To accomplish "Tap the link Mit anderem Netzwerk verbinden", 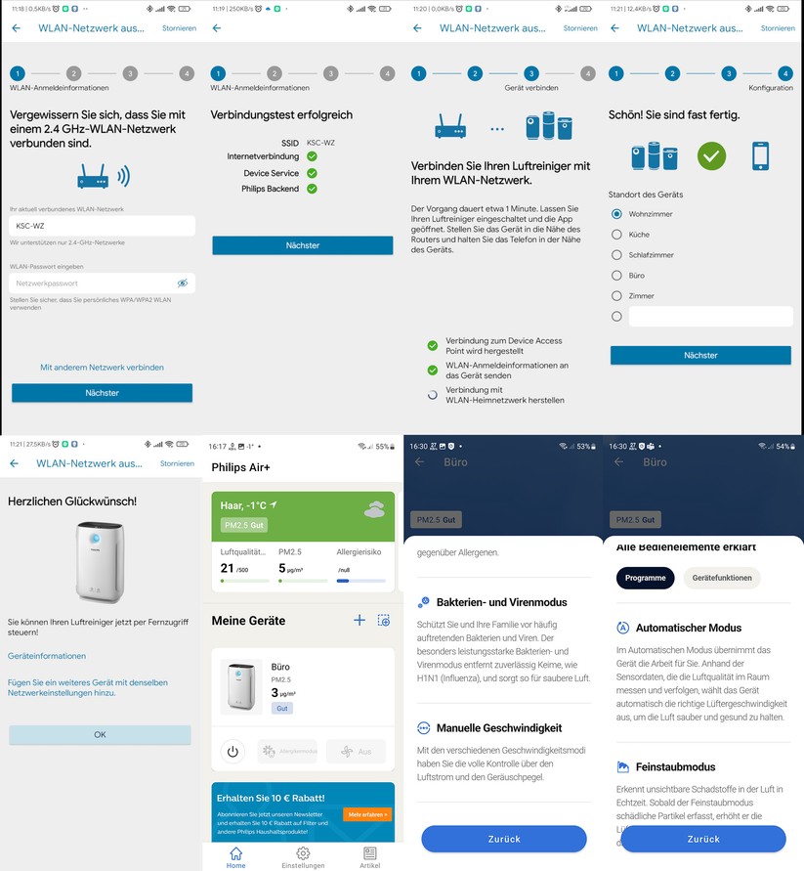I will [102, 368].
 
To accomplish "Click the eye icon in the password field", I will [182, 283].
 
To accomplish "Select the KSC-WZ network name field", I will [102, 226].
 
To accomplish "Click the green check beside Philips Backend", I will [312, 189].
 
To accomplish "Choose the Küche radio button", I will [616, 235].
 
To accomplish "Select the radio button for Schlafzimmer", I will [616, 255].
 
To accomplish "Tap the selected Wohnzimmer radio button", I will [616, 214].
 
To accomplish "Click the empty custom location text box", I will [710, 317].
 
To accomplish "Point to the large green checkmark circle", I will [711, 155].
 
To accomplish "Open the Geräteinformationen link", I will [47, 656].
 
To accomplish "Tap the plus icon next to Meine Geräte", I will [359, 621].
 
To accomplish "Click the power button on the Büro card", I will [233, 752].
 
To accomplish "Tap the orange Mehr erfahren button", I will [366, 814].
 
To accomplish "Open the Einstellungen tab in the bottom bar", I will [303, 856].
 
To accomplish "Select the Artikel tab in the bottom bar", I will [369, 856].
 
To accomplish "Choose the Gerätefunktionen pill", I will [721, 578].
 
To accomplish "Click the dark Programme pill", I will [645, 578].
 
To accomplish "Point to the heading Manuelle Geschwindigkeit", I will [498, 728].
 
